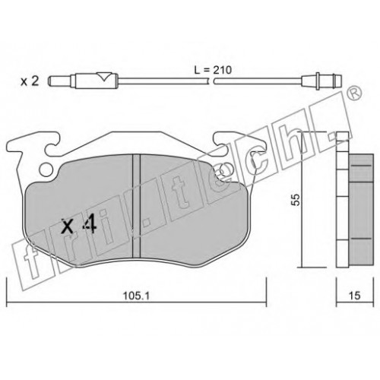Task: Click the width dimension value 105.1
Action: (x=136, y=296)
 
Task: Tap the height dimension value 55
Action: (x=296, y=200)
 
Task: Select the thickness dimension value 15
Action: (x=355, y=296)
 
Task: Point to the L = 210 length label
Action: (x=213, y=70)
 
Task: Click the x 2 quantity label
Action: (x=30, y=81)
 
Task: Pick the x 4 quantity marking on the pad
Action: (x=79, y=223)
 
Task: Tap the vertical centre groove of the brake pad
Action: (x=137, y=206)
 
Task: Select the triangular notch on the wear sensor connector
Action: (x=103, y=77)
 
